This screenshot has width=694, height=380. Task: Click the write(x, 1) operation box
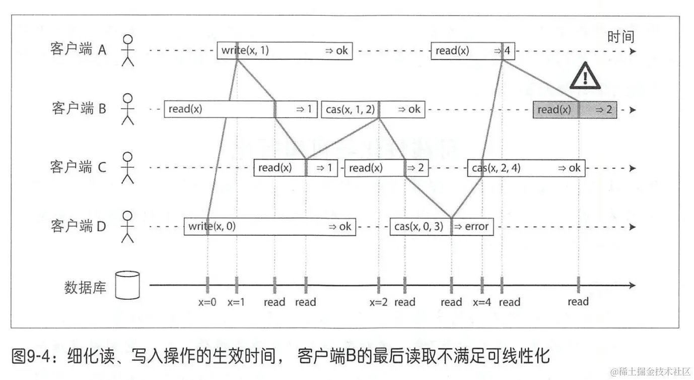click(x=285, y=50)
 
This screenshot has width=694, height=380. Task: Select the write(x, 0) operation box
click(x=270, y=226)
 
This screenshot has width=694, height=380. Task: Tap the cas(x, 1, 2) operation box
click(x=373, y=109)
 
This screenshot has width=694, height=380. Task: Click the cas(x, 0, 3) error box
click(x=442, y=226)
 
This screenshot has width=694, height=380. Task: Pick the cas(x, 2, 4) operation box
click(x=526, y=168)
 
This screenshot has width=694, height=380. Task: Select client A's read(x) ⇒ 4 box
click(x=467, y=50)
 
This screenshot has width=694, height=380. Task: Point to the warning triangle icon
click(x=585, y=77)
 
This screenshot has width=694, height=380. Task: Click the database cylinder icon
click(x=127, y=285)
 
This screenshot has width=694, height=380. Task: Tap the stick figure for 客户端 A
click(x=128, y=50)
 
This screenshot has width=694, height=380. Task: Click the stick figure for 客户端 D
click(x=128, y=226)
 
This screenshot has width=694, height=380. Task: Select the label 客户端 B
click(x=79, y=108)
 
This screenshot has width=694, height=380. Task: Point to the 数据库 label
click(x=86, y=288)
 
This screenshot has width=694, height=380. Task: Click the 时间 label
click(x=620, y=37)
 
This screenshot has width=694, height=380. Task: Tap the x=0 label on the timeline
click(x=207, y=302)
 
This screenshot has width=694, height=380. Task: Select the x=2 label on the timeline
click(x=379, y=302)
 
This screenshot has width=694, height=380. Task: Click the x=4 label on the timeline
click(x=482, y=302)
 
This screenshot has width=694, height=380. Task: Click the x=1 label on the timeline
click(x=236, y=302)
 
